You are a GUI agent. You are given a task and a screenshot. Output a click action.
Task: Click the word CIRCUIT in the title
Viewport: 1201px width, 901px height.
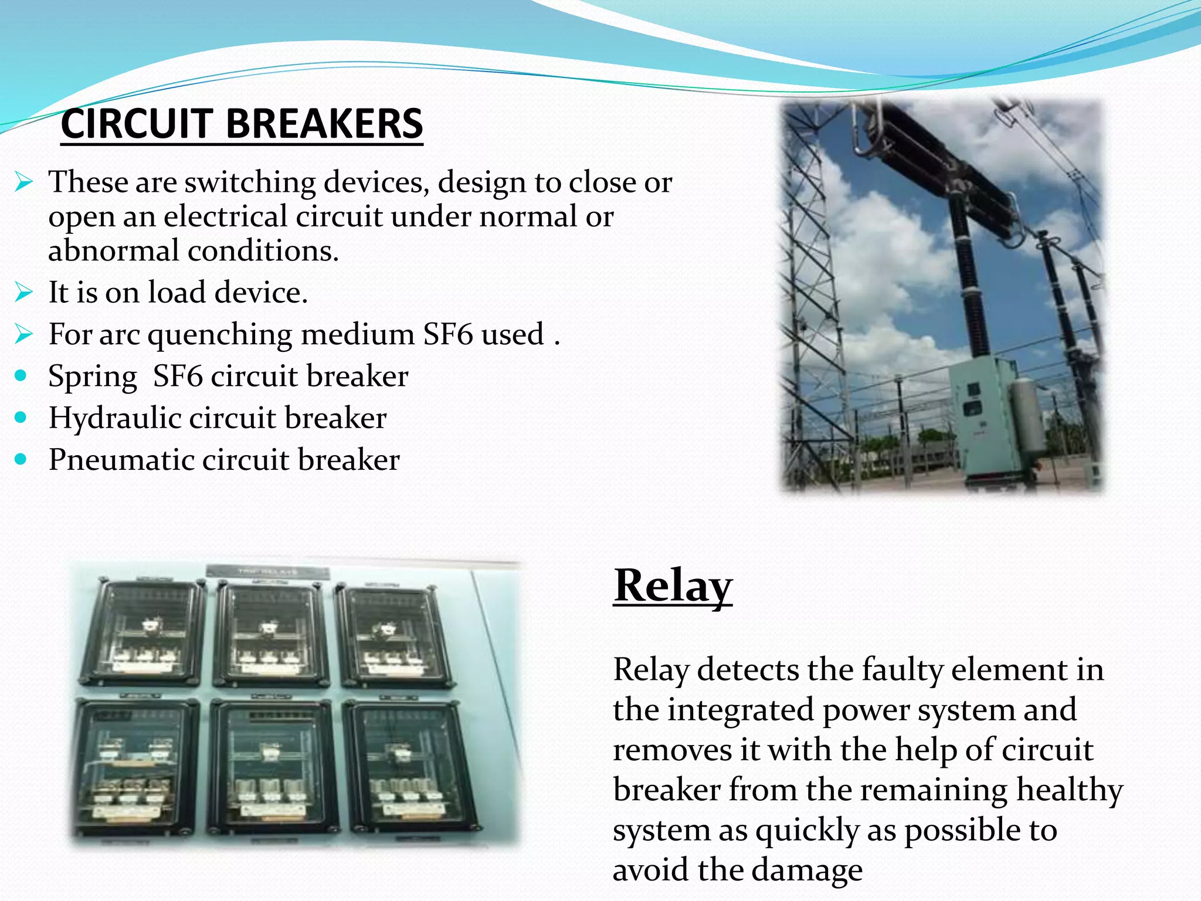136,124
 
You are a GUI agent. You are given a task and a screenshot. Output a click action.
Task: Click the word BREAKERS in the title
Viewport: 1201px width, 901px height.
324,124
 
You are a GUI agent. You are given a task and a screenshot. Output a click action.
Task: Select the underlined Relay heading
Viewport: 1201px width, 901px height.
673,585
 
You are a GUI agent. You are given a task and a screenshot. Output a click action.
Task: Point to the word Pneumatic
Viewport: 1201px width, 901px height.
121,460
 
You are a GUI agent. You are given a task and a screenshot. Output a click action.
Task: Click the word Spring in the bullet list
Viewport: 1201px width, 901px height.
93,377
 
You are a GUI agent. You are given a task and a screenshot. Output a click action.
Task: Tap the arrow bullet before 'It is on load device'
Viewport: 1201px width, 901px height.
23,292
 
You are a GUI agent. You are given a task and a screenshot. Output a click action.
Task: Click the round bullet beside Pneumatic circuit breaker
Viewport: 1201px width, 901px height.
21,459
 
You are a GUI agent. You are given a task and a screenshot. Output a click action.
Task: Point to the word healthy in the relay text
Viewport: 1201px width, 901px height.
1070,790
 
